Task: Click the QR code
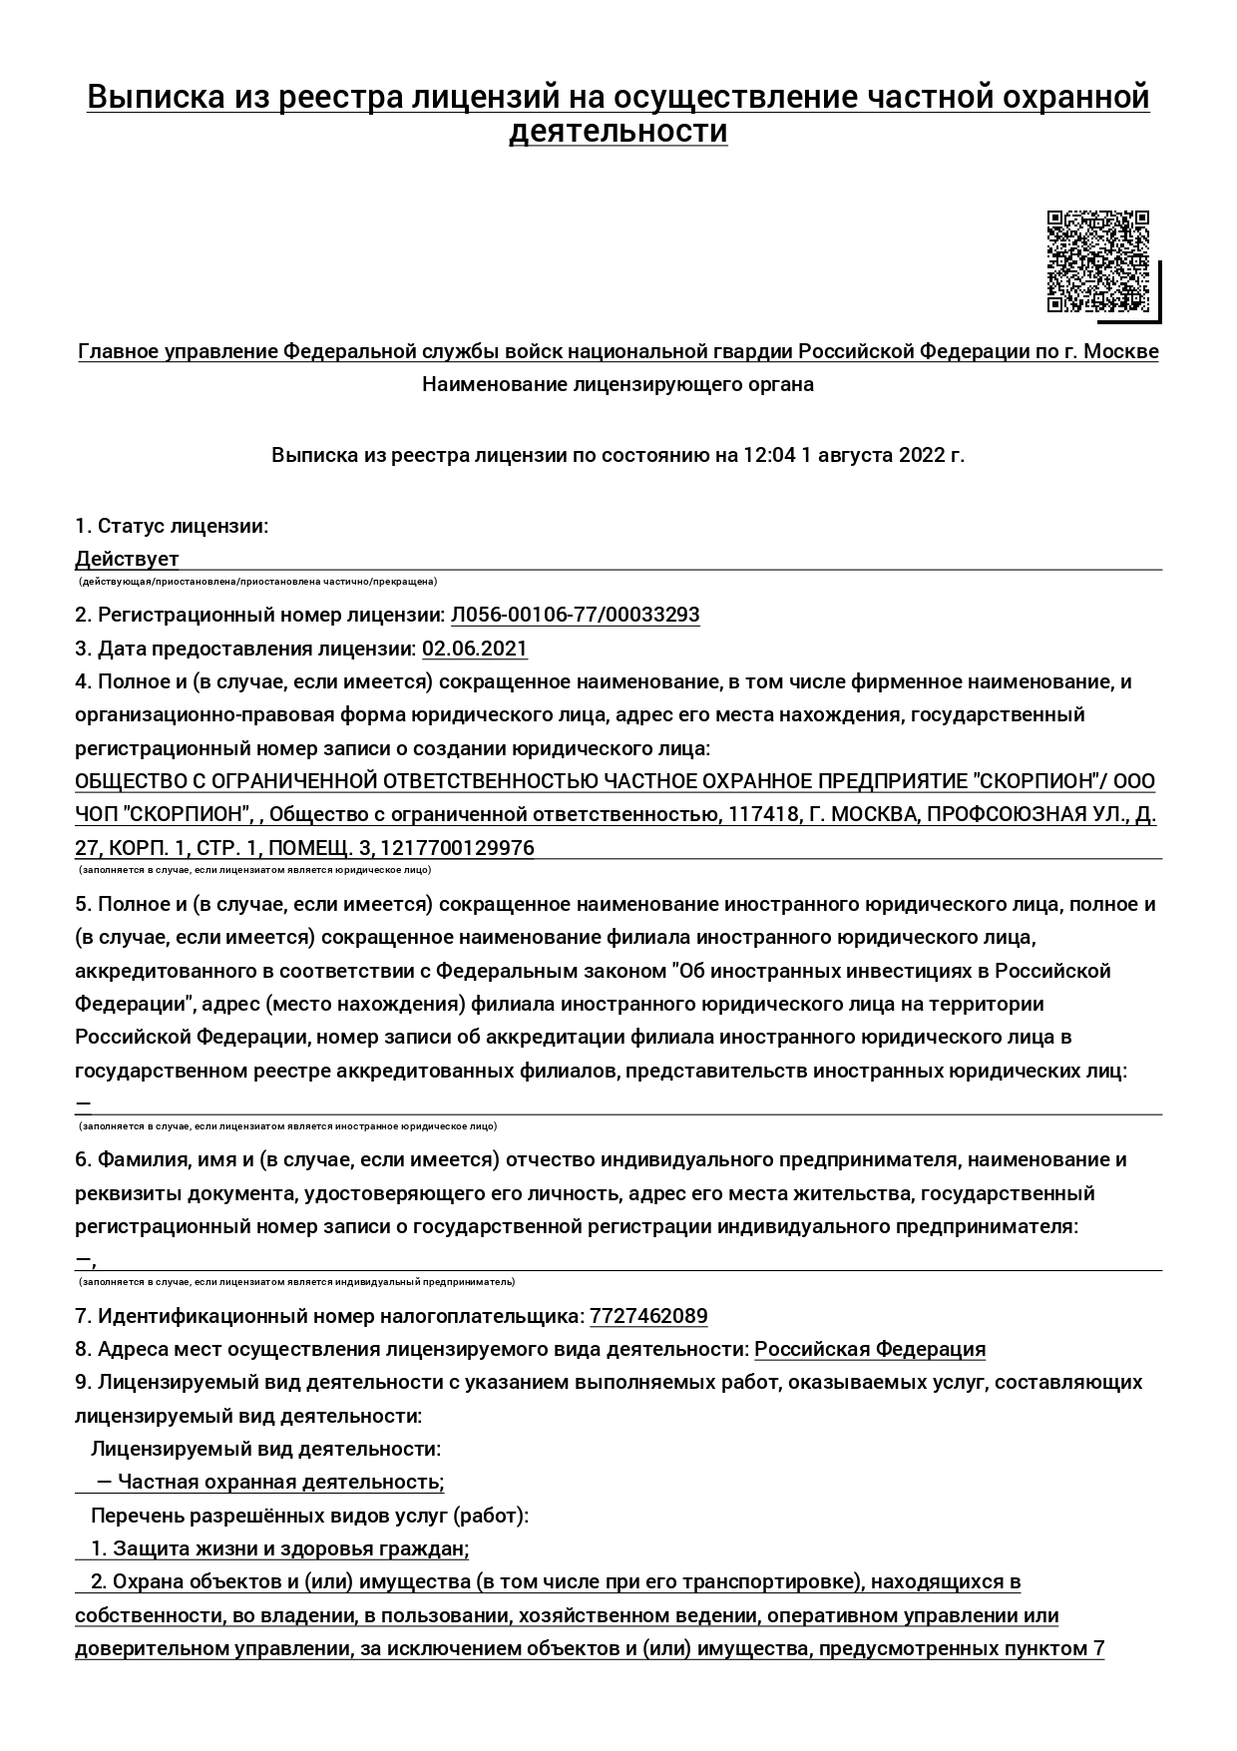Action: (1097, 261)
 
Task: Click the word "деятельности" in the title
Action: (618, 132)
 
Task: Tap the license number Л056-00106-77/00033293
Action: (575, 615)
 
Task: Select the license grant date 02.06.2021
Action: (475, 649)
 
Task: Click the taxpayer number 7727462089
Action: (648, 1316)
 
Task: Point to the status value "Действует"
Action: (127, 559)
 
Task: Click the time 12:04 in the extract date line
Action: (769, 456)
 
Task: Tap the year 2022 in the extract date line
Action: (922, 456)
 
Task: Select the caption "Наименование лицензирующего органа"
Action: (618, 384)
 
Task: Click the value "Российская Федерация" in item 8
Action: (870, 1349)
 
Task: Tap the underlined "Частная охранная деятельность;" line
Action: (280, 1482)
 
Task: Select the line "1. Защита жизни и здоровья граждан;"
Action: (279, 1548)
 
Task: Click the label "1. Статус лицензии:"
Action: (172, 526)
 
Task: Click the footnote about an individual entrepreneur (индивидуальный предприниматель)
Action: (297, 1282)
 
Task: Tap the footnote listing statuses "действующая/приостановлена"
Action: (257, 582)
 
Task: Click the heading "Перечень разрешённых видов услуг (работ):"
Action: (309, 1516)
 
